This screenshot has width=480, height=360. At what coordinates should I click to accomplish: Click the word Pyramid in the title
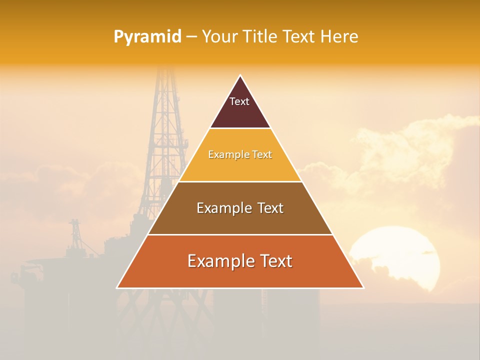(147, 37)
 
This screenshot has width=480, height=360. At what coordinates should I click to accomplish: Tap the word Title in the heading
(262, 37)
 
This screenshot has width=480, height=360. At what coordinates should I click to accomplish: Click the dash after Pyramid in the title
(191, 37)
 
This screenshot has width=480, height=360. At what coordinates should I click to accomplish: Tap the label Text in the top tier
(239, 101)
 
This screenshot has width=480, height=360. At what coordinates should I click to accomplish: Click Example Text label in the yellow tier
(240, 155)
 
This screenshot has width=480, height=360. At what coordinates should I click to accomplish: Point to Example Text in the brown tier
(240, 208)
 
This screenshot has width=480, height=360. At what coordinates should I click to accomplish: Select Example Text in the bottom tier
(240, 261)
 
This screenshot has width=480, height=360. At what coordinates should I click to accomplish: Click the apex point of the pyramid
(240, 76)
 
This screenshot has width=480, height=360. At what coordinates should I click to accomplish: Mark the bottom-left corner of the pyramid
(117, 287)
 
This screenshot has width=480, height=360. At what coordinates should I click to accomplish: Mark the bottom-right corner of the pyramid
(363, 287)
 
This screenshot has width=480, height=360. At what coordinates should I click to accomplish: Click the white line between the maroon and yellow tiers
(240, 128)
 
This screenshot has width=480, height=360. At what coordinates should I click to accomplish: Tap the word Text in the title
(300, 37)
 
